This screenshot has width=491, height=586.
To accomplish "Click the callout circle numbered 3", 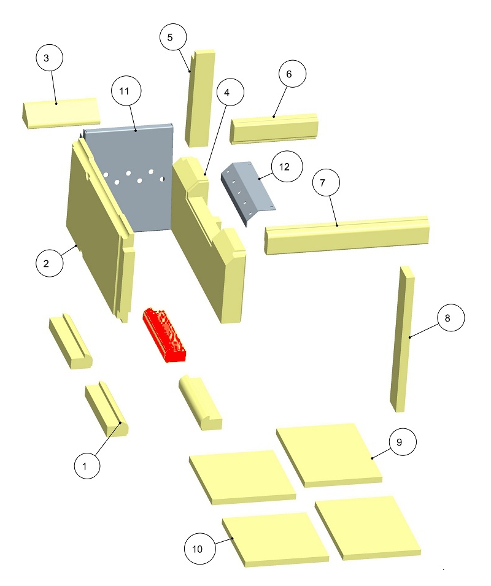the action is (49, 58).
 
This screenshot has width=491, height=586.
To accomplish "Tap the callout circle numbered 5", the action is (173, 37).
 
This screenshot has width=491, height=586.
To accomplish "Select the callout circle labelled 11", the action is (126, 91).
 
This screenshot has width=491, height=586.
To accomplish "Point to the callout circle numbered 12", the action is (287, 167).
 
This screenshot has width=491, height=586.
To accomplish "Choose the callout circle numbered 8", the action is (451, 318).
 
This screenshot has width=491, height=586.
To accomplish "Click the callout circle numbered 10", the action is (200, 549).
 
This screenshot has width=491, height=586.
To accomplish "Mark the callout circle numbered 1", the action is (87, 466).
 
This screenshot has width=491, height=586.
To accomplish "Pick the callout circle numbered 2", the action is (49, 263).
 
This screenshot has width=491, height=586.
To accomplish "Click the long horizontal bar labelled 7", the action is (347, 235).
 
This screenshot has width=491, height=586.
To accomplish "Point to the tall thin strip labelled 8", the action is (402, 339).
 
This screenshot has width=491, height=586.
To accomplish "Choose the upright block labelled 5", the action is (200, 98).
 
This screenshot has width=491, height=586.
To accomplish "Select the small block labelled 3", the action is (60, 114).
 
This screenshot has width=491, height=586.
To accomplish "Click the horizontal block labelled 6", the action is (274, 129).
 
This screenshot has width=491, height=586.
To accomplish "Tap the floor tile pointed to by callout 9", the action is (329, 455).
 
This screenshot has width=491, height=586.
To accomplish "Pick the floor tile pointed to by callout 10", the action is (276, 539).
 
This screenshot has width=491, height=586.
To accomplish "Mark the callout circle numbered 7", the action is (326, 182).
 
